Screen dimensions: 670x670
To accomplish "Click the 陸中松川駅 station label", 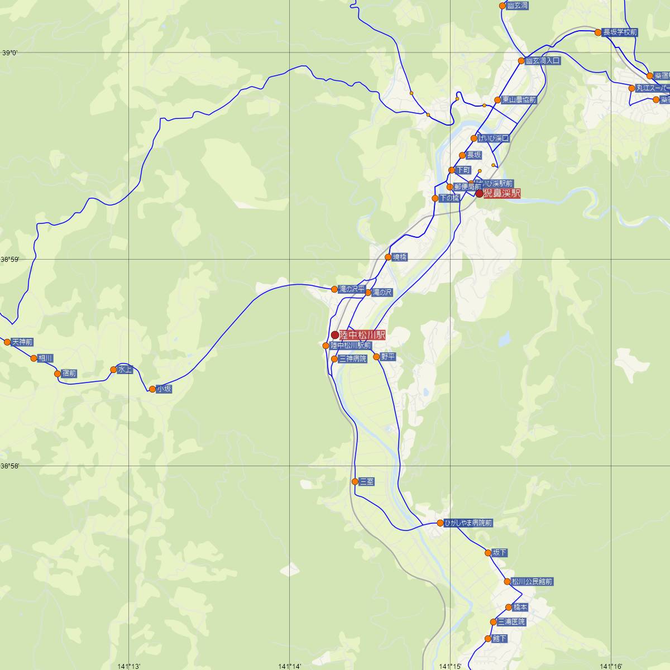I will tap(362, 335).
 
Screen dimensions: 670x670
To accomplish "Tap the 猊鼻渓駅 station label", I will tap(501, 194).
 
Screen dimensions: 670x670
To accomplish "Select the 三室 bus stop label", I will tap(367, 481).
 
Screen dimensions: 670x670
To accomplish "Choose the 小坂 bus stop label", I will tap(164, 389).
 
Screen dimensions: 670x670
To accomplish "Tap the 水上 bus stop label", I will tap(126, 370).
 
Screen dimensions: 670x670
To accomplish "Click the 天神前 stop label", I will tap(22, 342).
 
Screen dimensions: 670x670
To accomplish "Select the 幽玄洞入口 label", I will tap(542, 60).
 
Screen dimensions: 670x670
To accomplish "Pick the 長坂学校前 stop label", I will tap(620, 32).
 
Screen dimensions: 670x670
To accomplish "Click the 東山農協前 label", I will tap(518, 100).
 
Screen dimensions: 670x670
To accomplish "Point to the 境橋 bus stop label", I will tap(400, 257).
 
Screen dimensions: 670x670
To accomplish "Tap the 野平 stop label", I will tap(388, 356).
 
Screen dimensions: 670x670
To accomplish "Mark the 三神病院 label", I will tap(353, 359).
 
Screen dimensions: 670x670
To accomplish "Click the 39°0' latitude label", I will tap(9, 54).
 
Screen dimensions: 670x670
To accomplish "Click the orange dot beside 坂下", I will tap(488, 553).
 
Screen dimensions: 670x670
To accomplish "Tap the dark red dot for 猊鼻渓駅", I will tap(479, 194).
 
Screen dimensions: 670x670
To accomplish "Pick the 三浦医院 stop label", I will tap(511, 621).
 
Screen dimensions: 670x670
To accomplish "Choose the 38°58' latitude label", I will tap(9, 466).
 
